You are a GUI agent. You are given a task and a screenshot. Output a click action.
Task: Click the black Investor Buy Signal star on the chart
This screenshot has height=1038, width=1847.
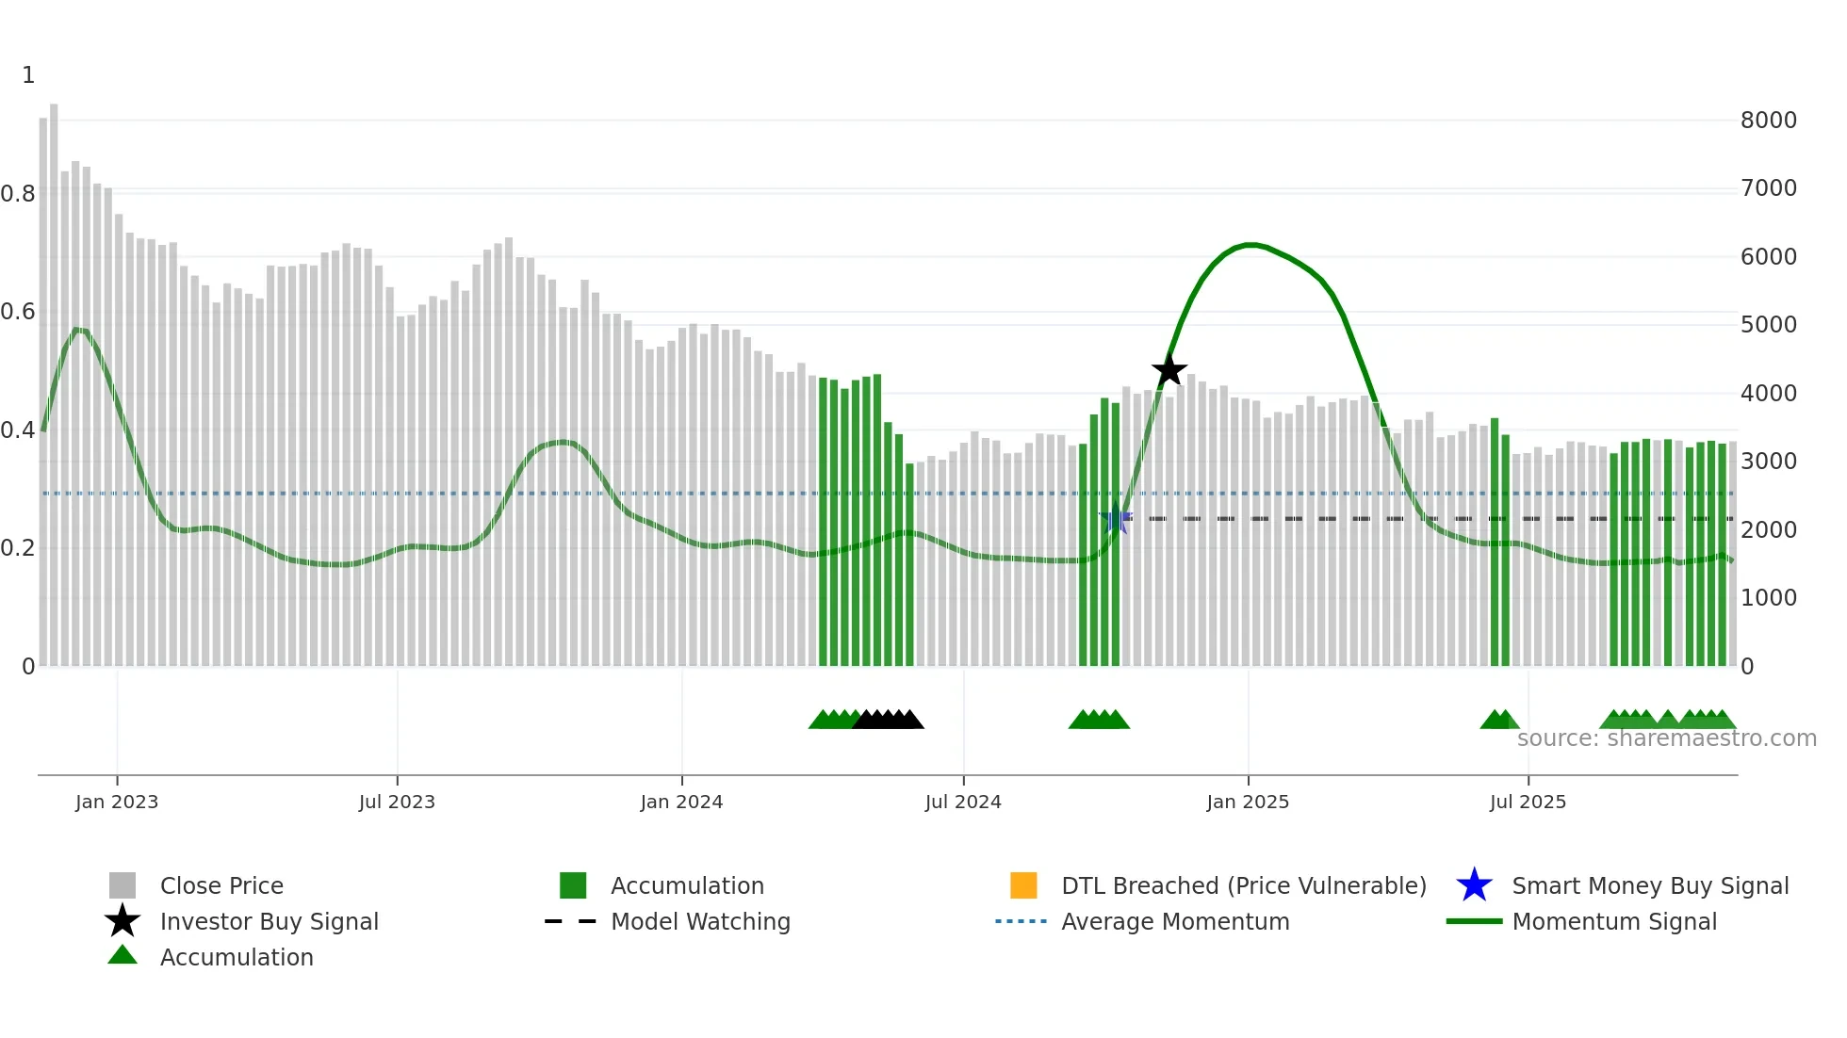[x=1169, y=370]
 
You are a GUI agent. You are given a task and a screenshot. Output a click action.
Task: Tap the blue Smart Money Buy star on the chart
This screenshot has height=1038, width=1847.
[x=1115, y=519]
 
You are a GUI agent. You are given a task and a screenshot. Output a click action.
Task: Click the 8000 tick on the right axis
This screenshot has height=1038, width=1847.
[x=1768, y=121]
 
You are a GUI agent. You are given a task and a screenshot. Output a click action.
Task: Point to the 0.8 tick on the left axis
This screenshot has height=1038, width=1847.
[x=18, y=194]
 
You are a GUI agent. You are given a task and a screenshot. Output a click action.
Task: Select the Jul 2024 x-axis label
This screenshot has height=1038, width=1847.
[x=963, y=802]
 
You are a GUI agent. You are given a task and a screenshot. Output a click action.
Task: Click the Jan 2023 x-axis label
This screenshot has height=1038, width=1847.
[x=117, y=802]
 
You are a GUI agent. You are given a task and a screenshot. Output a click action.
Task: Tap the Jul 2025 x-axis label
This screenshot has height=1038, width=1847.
[x=1528, y=802]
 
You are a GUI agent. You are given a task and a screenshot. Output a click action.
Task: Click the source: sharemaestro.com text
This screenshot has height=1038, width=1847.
[x=1666, y=738]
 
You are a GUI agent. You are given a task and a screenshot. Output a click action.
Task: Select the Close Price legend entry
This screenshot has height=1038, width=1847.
[x=221, y=885]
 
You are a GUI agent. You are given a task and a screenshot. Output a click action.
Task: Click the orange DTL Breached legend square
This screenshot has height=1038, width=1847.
[x=1023, y=885]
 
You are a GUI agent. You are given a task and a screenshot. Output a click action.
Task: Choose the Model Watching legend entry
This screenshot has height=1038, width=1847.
[x=699, y=921]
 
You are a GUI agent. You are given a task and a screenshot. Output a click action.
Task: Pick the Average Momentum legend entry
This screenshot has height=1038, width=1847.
[x=1174, y=921]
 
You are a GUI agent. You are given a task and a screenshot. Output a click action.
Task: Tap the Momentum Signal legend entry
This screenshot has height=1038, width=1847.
[x=1613, y=921]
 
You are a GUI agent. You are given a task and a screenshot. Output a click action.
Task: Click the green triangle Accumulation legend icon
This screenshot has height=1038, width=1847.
[x=123, y=956]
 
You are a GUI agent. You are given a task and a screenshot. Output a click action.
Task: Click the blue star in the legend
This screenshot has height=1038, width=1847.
[x=1474, y=885]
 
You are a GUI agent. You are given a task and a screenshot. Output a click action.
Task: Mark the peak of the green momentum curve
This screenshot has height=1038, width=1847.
[x=1250, y=245]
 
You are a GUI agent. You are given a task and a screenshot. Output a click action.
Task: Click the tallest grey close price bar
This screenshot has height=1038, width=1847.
[x=54, y=377]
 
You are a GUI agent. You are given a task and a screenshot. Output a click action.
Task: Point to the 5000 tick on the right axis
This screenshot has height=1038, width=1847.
[x=1768, y=325]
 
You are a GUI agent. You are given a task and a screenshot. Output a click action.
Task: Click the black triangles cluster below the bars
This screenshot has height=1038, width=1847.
[x=888, y=720]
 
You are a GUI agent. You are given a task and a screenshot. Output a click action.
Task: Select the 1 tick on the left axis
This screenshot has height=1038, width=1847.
[x=28, y=75]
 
